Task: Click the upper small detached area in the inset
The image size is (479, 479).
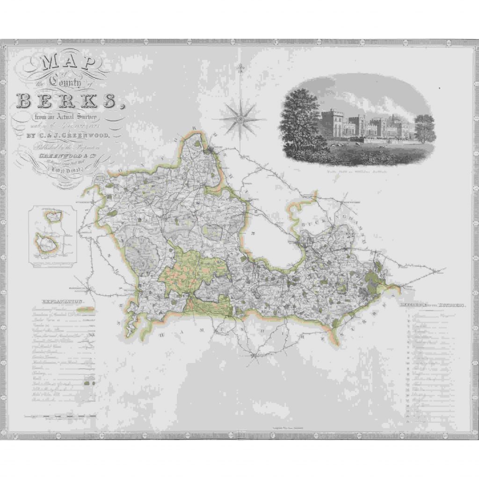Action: [52, 216]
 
